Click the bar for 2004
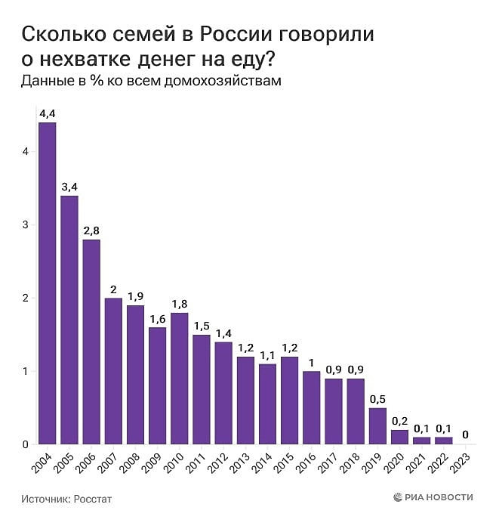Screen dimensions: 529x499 tap(47, 283)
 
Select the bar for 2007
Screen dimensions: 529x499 tap(113, 371)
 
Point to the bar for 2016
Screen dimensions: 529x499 tap(311, 407)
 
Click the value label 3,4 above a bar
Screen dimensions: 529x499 tap(69, 187)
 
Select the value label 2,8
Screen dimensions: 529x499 tap(91, 230)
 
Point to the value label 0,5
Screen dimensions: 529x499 tap(377, 398)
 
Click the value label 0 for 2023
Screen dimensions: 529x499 tap(466, 435)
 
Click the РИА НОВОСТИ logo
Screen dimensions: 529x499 tap(433, 497)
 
